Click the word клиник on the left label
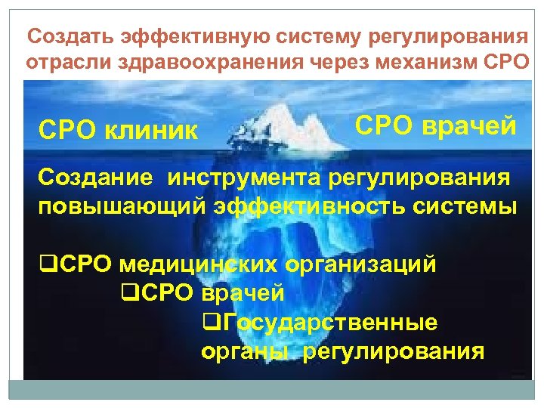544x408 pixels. pos(154,133)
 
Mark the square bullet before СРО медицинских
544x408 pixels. pos(45,265)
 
